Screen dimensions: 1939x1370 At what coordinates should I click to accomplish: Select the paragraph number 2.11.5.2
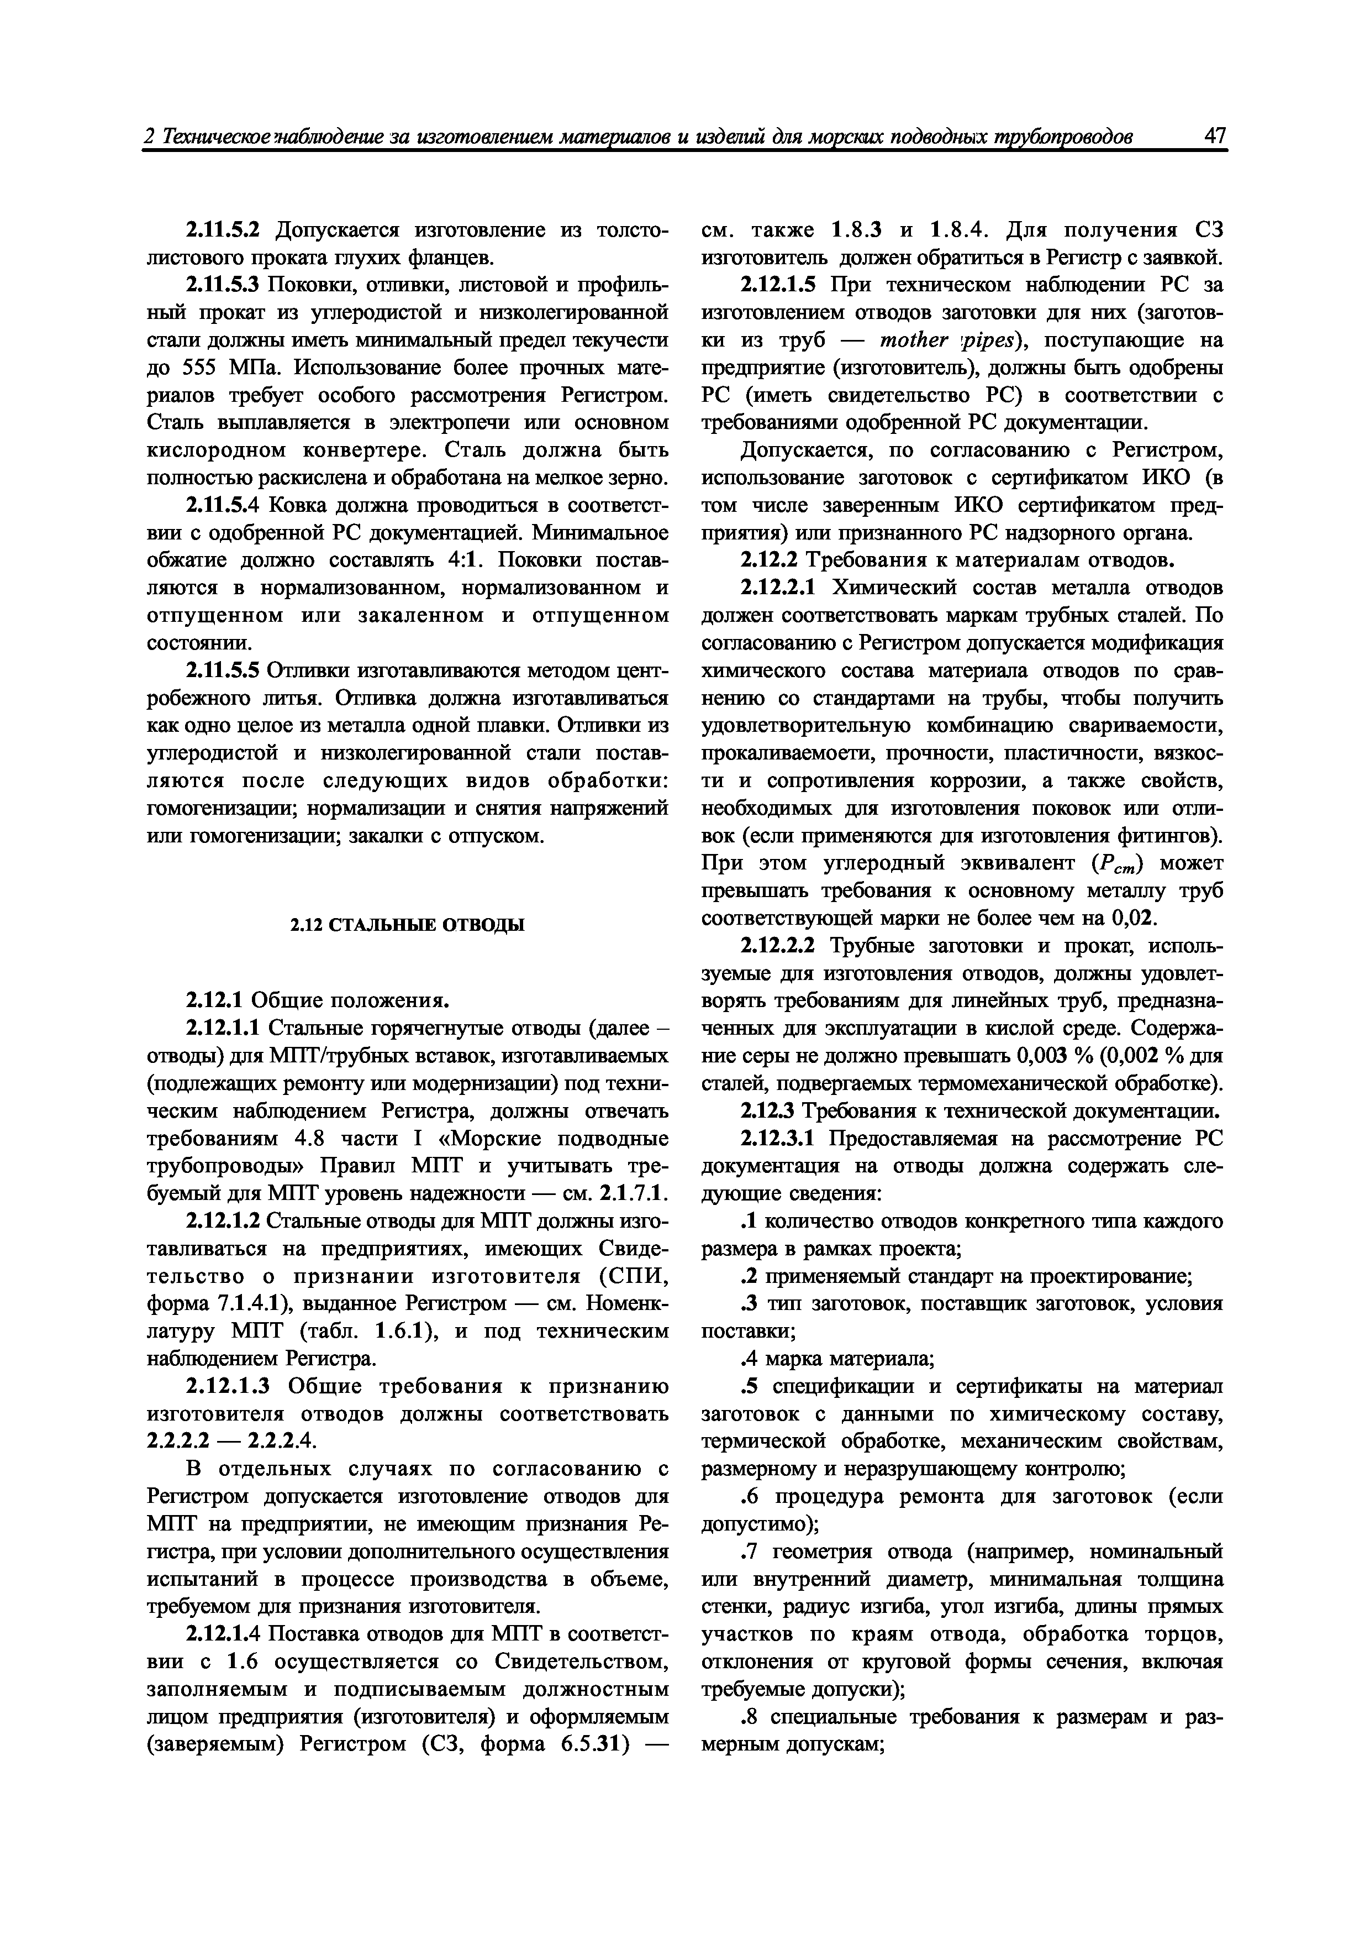[223, 230]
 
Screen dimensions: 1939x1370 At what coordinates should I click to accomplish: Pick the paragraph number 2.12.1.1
[223, 1029]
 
